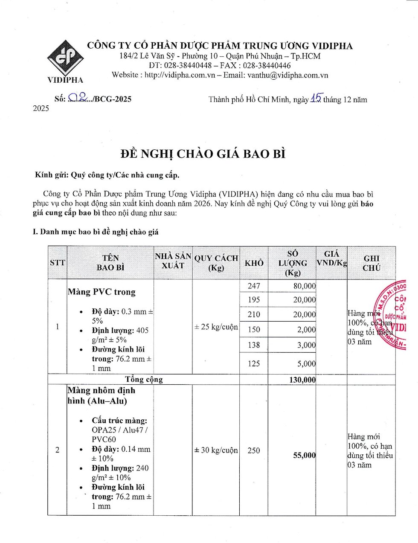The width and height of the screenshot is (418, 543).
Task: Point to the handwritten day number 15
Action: click(x=316, y=99)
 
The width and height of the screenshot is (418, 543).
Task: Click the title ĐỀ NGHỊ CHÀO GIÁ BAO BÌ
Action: click(x=203, y=154)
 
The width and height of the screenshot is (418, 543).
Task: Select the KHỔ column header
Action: click(x=254, y=263)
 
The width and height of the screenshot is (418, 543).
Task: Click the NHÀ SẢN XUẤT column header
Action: click(x=173, y=261)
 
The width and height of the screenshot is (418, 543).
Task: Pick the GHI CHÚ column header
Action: click(x=371, y=263)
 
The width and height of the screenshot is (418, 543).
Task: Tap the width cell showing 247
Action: click(x=254, y=286)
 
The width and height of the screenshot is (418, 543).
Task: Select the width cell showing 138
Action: click(x=254, y=345)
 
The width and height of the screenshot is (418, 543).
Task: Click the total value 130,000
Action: click(x=302, y=380)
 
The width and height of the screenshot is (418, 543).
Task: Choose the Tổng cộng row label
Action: click(x=144, y=380)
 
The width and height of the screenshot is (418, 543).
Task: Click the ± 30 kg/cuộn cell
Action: click(x=216, y=450)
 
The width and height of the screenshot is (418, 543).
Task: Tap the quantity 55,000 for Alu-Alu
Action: click(x=304, y=455)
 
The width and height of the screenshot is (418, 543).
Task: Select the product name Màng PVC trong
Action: click(x=102, y=292)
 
